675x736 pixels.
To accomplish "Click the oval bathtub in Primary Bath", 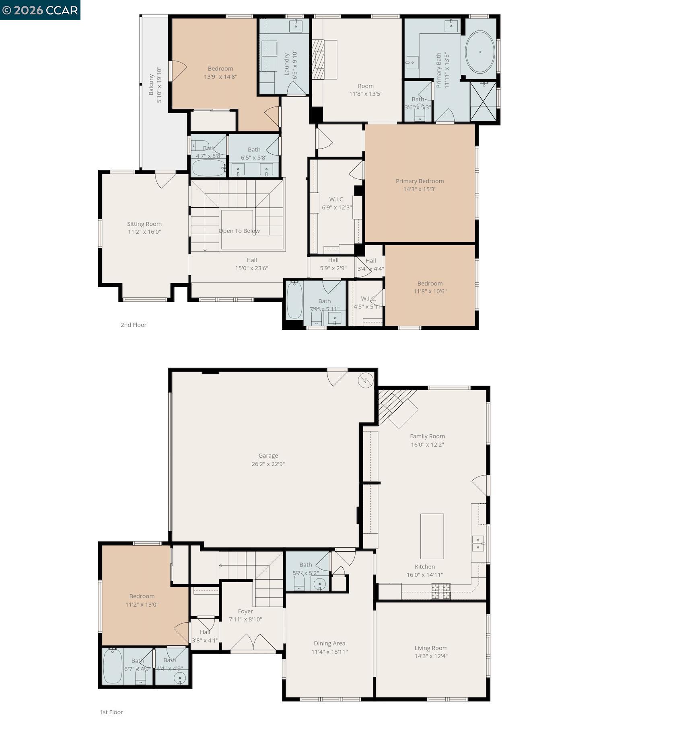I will [480, 52].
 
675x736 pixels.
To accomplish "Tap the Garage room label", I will [268, 456].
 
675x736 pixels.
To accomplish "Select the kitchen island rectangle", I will [432, 536].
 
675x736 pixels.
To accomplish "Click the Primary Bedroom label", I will [420, 181].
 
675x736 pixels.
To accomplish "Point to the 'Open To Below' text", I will [239, 231].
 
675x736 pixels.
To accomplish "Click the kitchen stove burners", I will [440, 591].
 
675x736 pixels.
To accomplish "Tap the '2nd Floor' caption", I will [134, 325].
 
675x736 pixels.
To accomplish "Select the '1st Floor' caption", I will [111, 712].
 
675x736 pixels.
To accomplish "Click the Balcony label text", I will [151, 84].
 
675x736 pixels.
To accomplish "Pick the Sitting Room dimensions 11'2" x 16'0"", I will [144, 232].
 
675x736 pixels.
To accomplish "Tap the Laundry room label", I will [287, 64].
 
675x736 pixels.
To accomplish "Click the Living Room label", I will [431, 648].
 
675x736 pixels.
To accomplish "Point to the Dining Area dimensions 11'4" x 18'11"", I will [329, 652].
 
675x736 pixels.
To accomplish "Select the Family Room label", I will [427, 436].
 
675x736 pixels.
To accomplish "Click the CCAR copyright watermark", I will [40, 10].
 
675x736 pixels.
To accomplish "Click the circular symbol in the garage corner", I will [366, 380].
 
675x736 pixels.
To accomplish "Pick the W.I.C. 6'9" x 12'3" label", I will [337, 199].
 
